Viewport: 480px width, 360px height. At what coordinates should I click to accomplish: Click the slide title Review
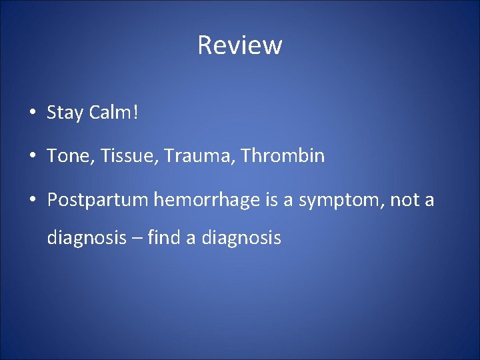(x=240, y=45)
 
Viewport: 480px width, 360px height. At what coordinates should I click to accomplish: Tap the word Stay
(x=64, y=113)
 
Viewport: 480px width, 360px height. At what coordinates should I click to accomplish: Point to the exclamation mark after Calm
(x=136, y=113)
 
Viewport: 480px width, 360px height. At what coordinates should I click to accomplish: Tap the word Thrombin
(x=283, y=156)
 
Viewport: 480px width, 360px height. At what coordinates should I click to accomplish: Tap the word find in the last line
(x=165, y=237)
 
